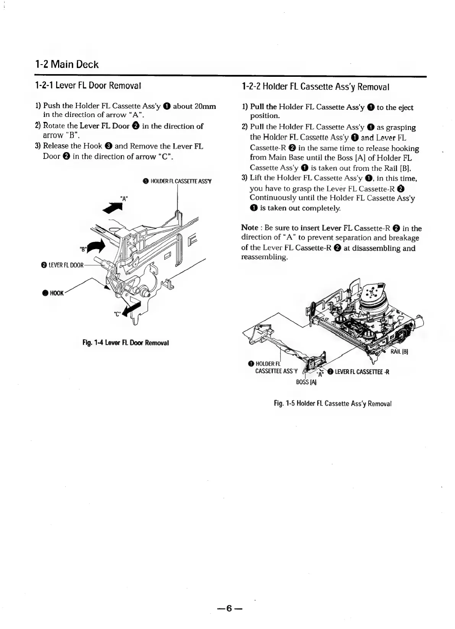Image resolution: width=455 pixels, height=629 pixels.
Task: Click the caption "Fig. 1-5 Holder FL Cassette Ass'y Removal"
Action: click(x=333, y=404)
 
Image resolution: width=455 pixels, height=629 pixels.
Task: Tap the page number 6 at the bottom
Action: click(x=229, y=608)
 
